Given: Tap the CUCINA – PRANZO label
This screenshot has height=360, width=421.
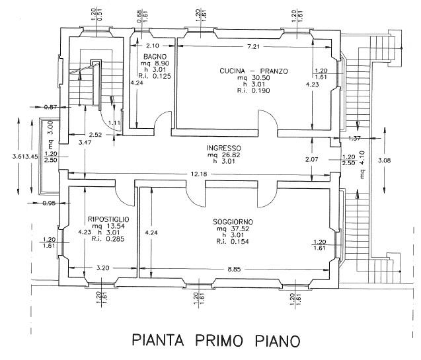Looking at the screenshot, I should [245, 70].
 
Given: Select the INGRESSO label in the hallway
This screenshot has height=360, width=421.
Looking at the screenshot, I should [223, 148].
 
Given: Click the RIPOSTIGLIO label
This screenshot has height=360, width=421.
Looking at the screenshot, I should [108, 219].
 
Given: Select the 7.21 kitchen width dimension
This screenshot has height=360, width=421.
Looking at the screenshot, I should [252, 46].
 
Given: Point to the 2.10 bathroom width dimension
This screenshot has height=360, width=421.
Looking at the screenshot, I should [153, 46].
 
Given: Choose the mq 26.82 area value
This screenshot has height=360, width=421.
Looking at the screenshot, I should [223, 156].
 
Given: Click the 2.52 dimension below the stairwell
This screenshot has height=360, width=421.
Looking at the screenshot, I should [96, 135].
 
